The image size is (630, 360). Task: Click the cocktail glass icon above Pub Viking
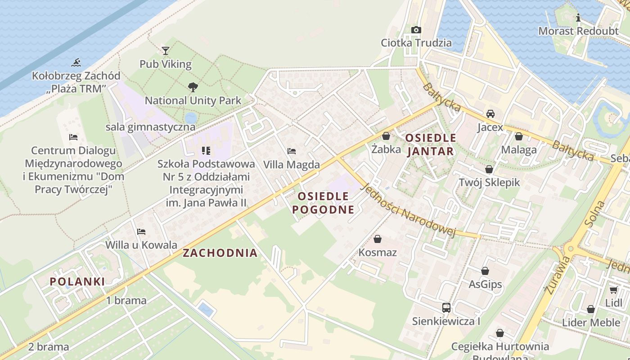[x=166, y=50]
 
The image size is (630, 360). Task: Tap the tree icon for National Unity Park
[x=193, y=87]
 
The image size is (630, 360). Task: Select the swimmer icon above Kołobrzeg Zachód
[x=76, y=63]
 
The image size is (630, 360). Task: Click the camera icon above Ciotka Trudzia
[x=416, y=30]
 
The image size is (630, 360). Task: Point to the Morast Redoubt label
[x=578, y=31]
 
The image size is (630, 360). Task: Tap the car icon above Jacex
[x=490, y=114]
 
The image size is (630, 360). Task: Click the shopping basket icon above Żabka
[x=386, y=135]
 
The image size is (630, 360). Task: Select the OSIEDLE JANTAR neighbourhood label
[x=431, y=144]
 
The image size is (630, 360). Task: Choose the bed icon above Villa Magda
[x=292, y=151]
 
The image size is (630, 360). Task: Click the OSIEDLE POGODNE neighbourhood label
[x=323, y=202]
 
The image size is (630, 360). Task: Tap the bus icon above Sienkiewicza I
[x=446, y=308]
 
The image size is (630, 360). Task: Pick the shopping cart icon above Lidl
[x=613, y=289]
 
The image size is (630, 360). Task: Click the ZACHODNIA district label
[x=220, y=253]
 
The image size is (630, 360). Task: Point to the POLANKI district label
[x=77, y=282]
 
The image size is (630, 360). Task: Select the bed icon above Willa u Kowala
[x=141, y=232]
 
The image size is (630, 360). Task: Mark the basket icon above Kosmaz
[x=378, y=238]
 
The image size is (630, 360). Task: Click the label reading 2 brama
[x=49, y=347]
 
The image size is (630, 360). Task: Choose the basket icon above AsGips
[x=485, y=271]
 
